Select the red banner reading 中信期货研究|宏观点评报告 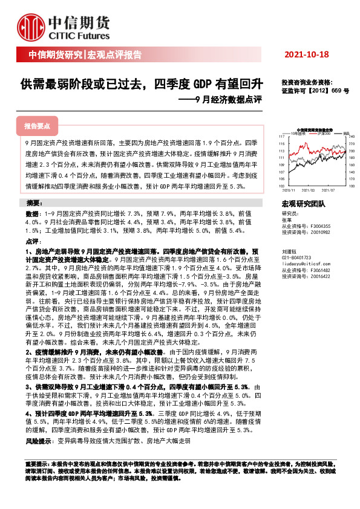pos(85,55)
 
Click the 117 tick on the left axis pos(281,137)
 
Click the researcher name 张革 pos(286,219)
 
